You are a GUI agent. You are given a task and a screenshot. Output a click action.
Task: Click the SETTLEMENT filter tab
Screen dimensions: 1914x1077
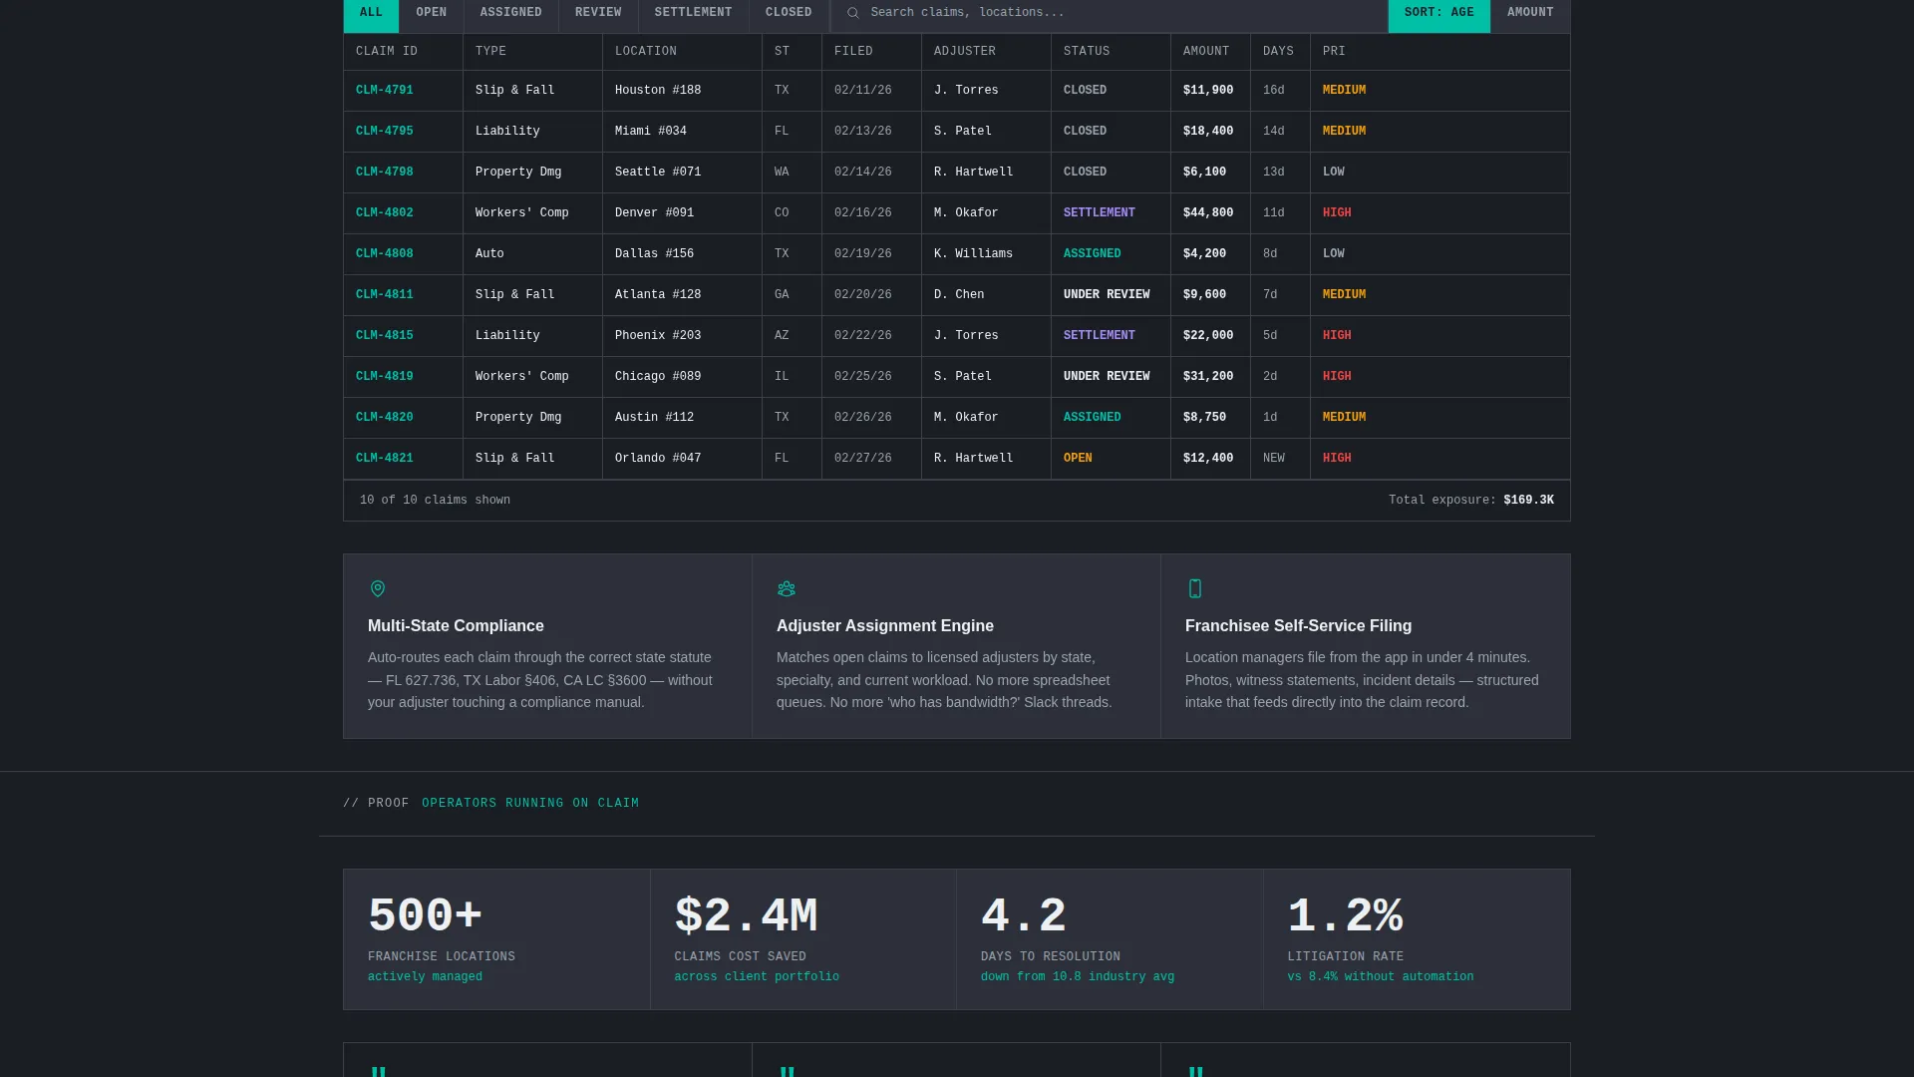pyautogui.click(x=693, y=13)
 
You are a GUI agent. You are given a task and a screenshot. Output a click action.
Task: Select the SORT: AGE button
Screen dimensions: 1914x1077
pyautogui.click(x=1438, y=13)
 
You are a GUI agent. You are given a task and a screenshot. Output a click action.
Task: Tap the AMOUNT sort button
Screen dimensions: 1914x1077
pyautogui.click(x=1530, y=13)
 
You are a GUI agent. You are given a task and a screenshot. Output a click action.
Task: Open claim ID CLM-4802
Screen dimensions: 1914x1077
pyautogui.click(x=385, y=213)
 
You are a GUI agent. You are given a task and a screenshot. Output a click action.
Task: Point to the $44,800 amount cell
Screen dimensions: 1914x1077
pyautogui.click(x=1208, y=213)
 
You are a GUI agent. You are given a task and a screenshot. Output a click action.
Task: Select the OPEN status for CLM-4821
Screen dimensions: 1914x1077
pyautogui.click(x=1078, y=459)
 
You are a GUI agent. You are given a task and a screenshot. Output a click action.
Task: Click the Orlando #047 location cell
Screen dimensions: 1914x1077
pyautogui.click(x=658, y=459)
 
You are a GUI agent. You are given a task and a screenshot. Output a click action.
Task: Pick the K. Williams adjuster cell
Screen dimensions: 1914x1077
pyautogui.click(x=973, y=254)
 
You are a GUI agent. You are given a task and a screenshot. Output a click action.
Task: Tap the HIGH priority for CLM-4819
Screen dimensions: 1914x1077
pyautogui.click(x=1337, y=377)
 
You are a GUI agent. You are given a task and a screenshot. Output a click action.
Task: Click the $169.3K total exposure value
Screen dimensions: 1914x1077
pyautogui.click(x=1528, y=501)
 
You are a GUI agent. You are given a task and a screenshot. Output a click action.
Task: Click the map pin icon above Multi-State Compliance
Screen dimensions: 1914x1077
pyautogui.click(x=378, y=589)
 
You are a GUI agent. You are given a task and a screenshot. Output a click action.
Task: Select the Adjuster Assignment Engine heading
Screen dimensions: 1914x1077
pyautogui.click(x=885, y=626)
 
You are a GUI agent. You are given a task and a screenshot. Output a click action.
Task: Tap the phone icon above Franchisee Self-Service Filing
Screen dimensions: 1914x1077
pyautogui.click(x=1195, y=589)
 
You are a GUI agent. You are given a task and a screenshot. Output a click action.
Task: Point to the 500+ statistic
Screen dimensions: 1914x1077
pyautogui.click(x=426, y=915)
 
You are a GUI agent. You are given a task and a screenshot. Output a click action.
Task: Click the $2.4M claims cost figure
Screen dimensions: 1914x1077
pyautogui.click(x=746, y=915)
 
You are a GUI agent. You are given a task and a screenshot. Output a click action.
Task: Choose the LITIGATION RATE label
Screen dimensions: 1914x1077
pyautogui.click(x=1346, y=957)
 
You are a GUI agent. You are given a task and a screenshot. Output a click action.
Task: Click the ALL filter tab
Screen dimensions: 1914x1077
pyautogui.click(x=371, y=13)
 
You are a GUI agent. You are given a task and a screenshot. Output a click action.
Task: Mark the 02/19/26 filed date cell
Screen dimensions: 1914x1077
pyautogui.click(x=863, y=254)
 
